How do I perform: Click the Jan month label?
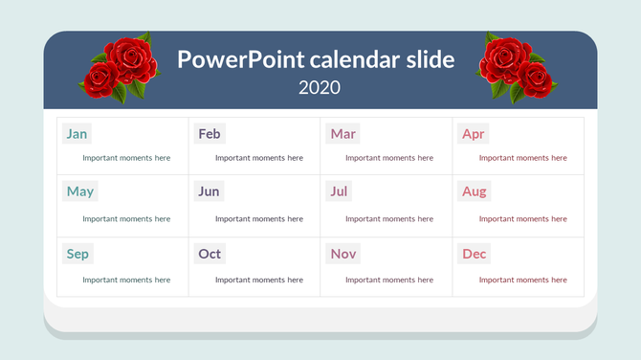click(x=77, y=134)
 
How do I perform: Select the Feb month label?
click(x=209, y=134)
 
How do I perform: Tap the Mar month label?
click(x=343, y=134)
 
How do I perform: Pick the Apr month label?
click(x=473, y=134)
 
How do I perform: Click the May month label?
click(x=80, y=191)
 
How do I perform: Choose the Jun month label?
click(x=209, y=191)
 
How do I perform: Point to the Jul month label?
click(x=339, y=191)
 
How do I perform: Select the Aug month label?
click(x=474, y=191)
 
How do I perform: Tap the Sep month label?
click(x=77, y=254)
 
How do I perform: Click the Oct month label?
click(x=209, y=254)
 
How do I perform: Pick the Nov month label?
click(x=343, y=254)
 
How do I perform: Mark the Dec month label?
click(x=474, y=254)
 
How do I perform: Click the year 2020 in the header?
click(x=320, y=87)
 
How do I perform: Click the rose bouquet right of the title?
click(x=517, y=67)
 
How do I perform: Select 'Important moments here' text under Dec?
click(x=522, y=280)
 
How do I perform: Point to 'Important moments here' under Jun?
click(x=258, y=218)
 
